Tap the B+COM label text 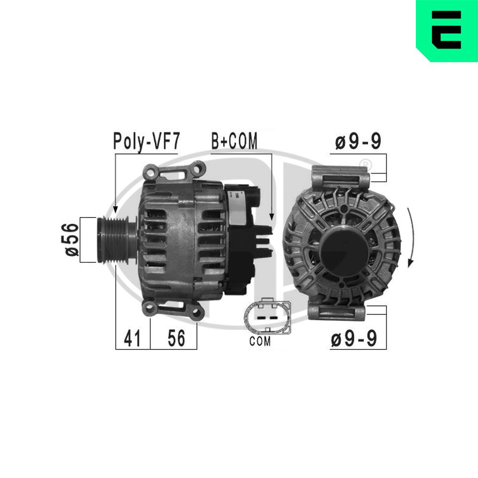pyautogui.click(x=234, y=141)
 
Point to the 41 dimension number pyautogui.click(x=132, y=338)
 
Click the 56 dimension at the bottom pyautogui.click(x=176, y=338)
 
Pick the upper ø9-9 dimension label pyautogui.click(x=358, y=141)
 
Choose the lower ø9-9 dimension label pyautogui.click(x=354, y=338)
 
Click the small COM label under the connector pyautogui.click(x=260, y=341)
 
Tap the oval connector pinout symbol pyautogui.click(x=267, y=315)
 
